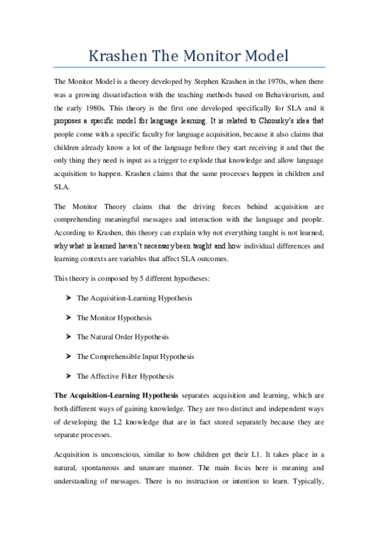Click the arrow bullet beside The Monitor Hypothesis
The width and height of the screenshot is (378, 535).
[67, 318]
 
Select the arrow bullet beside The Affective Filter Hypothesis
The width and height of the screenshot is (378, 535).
[67, 376]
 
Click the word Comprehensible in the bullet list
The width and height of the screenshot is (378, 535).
[118, 356]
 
